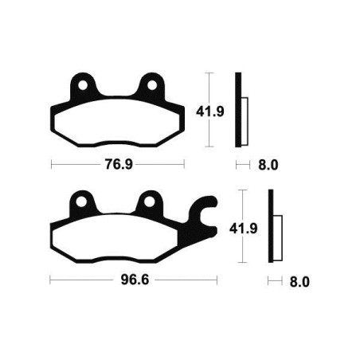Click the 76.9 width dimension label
(x=117, y=166)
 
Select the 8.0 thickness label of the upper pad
(x=268, y=166)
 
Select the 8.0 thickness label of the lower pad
(x=299, y=281)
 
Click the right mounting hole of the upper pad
(x=150, y=84)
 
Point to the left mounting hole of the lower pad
(x=81, y=202)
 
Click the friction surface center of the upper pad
(x=117, y=119)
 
